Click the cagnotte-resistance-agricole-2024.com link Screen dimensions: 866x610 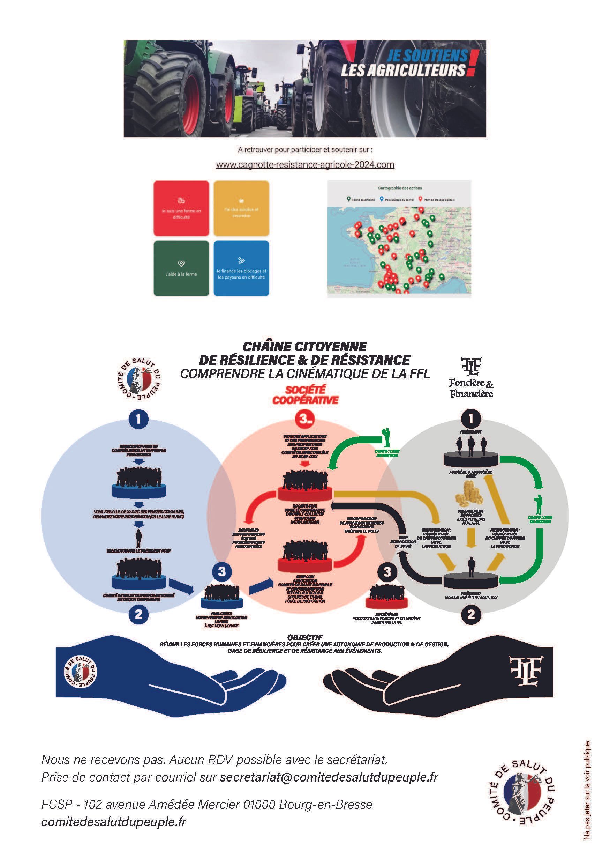coord(305,165)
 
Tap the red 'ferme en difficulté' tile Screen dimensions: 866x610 coord(181,208)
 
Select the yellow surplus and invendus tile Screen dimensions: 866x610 coord(241,208)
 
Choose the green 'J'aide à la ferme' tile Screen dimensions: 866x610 coord(181,268)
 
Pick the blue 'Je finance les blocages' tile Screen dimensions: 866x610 coord(241,268)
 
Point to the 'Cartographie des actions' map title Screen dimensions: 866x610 coord(400,188)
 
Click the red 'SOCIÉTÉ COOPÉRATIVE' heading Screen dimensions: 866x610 coord(305,395)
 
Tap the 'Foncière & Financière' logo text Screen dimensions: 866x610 coord(471,388)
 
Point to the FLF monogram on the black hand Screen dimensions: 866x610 coord(526,667)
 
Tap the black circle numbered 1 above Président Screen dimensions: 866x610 coord(470,418)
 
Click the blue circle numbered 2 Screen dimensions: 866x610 coord(139,614)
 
